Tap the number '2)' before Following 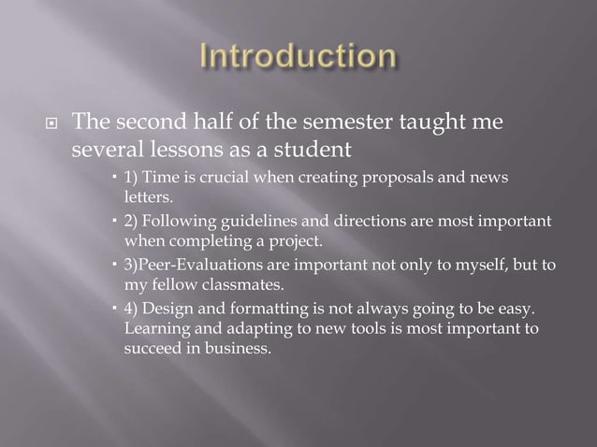(131, 221)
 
